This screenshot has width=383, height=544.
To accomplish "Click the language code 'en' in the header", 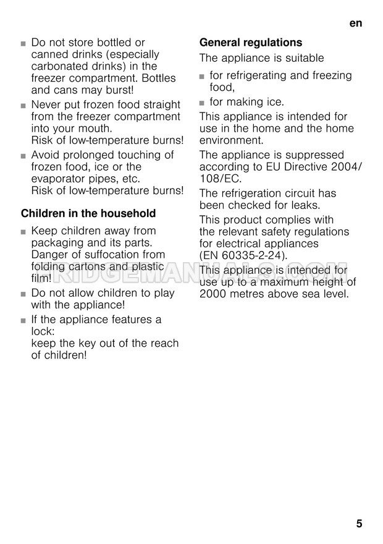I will [355, 23].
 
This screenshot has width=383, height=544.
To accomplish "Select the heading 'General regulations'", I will [251, 43].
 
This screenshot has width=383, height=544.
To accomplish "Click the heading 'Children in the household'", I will [88, 213].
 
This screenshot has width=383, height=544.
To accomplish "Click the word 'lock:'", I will [43, 331].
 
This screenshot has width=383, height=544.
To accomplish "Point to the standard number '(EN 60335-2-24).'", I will [243, 255].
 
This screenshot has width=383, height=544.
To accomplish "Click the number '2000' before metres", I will [214, 294].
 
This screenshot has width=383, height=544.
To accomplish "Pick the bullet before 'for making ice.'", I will [202, 102].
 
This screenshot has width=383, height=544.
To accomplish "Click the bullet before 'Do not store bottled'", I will [23, 43].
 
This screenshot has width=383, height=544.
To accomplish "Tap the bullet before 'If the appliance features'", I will [23, 320].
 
